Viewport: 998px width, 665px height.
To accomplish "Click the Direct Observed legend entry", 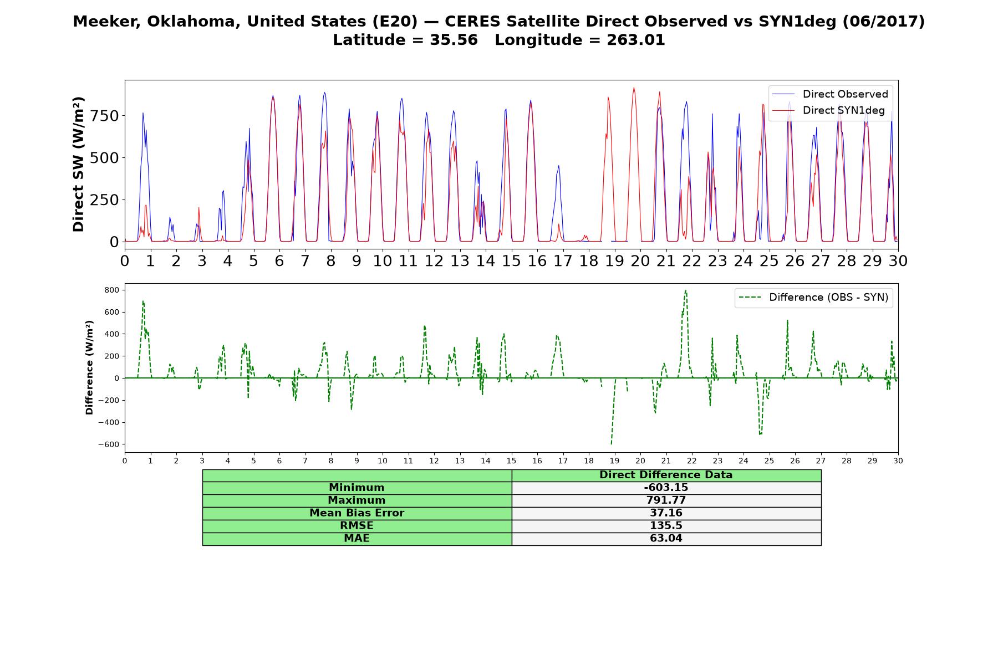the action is pos(829,94).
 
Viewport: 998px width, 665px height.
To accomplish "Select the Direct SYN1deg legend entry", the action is pos(828,110).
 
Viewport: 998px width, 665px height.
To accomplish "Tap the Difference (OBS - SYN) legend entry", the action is pos(814,298).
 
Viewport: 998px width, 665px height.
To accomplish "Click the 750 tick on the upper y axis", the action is pos(105,116).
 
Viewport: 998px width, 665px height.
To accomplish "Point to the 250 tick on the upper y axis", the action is pos(105,199).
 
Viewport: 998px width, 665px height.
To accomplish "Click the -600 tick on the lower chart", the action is pos(109,444).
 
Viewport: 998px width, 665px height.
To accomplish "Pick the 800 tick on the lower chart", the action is pos(112,290).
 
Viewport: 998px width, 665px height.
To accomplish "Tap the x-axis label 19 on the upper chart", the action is pos(614,260).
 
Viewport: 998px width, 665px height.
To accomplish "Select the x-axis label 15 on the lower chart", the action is pos(511,461).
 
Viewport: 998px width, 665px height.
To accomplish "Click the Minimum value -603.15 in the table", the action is pos(666,488).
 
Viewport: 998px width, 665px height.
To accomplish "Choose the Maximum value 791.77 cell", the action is pos(666,500).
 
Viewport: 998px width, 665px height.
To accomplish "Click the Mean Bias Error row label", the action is pos(357,513).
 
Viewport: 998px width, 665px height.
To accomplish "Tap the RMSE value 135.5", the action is pos(666,526).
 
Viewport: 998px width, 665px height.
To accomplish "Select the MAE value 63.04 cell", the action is pos(666,539).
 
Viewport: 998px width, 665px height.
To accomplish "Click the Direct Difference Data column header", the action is pos(666,475).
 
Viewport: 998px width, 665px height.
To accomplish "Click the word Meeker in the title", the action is pos(101,22).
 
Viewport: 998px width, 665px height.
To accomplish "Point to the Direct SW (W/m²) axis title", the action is pos(79,164).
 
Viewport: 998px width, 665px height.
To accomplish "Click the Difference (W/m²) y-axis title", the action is pos(89,368).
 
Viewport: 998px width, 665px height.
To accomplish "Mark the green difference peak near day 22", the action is pos(685,290).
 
